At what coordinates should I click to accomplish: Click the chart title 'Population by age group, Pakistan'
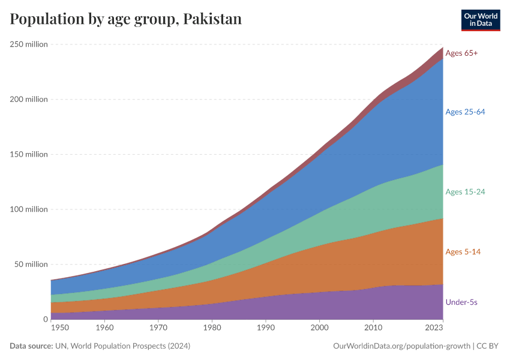125,19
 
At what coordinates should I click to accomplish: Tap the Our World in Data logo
481,20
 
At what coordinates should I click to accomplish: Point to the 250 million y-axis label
28,44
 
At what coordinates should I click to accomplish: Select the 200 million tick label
28,99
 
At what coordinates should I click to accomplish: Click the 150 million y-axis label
28,154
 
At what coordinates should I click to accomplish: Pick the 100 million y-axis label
28,209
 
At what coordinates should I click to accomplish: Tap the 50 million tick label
30,264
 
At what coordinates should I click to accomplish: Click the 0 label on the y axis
45,319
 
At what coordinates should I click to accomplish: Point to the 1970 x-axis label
158,328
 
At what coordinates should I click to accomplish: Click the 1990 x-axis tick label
266,328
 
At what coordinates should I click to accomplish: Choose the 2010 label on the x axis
373,328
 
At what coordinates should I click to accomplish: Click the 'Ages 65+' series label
461,53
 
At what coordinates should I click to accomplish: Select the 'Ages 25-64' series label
465,112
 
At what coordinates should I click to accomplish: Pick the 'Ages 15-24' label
465,192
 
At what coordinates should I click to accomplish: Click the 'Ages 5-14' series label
463,251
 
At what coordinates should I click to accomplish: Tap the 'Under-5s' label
461,302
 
